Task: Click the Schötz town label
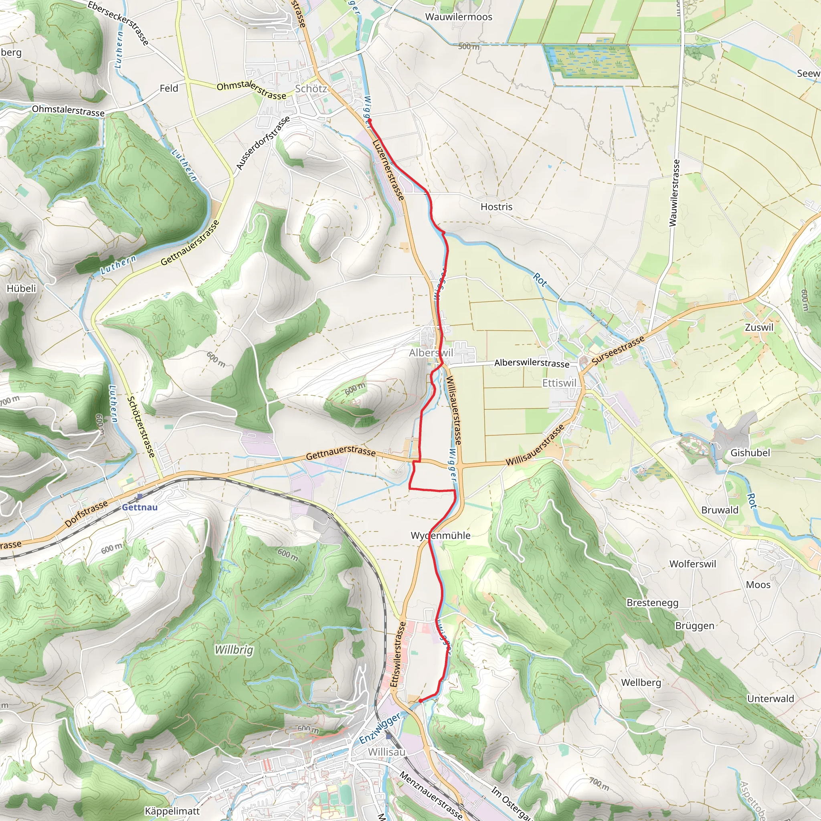[x=311, y=89]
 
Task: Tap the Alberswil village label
[x=431, y=353]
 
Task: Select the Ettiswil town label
[x=559, y=383]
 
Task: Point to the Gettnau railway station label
[x=140, y=507]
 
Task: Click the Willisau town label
[x=387, y=752]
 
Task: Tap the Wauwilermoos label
[x=459, y=17]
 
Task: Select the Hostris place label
[x=496, y=207]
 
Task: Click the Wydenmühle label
[x=440, y=536]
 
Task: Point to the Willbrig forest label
[x=234, y=650]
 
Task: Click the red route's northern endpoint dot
[x=370, y=121]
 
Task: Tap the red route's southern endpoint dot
[x=420, y=701]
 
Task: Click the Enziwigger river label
[x=380, y=728]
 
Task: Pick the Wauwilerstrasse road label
[x=674, y=193]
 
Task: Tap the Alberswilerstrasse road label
[x=532, y=362]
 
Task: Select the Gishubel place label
[x=750, y=453]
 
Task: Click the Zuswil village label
[x=759, y=327]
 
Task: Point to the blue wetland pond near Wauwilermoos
[x=590, y=62]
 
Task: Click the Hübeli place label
[x=21, y=289]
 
